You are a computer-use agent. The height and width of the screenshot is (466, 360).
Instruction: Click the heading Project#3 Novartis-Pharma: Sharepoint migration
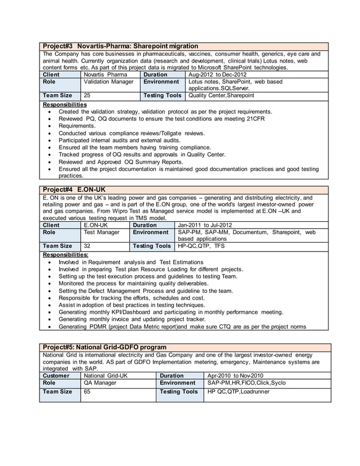tap(120, 46)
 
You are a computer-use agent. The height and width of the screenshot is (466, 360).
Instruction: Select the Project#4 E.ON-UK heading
tap(74, 190)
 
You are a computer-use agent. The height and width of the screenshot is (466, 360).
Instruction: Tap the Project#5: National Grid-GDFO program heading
tap(104, 346)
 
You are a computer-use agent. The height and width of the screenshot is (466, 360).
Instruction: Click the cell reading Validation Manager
tap(108, 82)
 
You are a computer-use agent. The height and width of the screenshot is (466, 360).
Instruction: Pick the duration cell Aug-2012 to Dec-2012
tap(217, 74)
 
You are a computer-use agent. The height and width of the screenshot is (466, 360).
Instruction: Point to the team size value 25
tap(87, 96)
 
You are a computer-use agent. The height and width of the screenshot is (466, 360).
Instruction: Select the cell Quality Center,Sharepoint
tap(221, 96)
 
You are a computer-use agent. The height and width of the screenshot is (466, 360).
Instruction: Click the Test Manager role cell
tap(102, 232)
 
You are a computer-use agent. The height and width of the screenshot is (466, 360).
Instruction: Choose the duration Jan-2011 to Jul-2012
tap(205, 225)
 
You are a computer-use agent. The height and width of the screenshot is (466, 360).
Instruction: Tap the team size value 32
tap(87, 246)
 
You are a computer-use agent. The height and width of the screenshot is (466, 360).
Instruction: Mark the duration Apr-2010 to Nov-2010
tap(236, 375)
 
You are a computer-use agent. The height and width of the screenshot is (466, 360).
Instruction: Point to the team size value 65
tap(87, 392)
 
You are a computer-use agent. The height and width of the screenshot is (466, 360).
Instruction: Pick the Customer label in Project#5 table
tap(56, 375)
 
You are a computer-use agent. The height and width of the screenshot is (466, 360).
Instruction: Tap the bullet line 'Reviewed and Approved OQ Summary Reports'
tap(121, 162)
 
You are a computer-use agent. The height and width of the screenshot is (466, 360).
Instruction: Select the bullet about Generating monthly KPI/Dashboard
tap(170, 312)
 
